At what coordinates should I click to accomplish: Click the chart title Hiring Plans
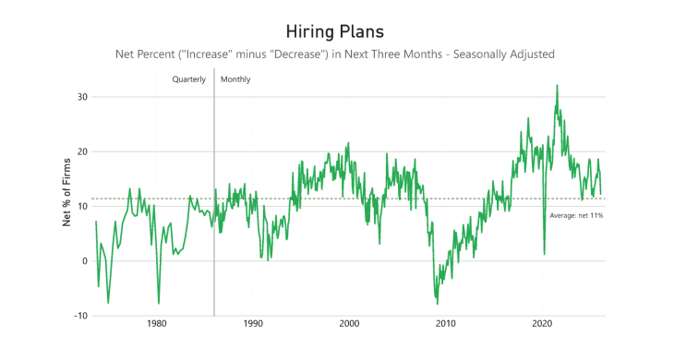[343, 31]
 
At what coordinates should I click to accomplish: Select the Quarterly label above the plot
[188, 79]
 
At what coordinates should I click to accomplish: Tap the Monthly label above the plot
[235, 79]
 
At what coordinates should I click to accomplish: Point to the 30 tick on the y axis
[81, 97]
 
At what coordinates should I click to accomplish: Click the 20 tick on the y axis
[81, 151]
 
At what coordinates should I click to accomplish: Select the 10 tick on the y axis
[81, 206]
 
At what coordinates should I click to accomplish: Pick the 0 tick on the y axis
[84, 261]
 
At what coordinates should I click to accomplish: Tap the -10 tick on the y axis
[79, 316]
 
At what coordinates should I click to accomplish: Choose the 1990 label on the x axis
[253, 324]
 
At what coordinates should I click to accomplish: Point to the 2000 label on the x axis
[349, 324]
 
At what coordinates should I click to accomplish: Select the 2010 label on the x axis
[446, 324]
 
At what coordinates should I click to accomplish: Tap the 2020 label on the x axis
[542, 324]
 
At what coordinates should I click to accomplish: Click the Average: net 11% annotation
[576, 215]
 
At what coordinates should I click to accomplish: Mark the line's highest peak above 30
[557, 86]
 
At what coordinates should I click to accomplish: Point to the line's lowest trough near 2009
[437, 303]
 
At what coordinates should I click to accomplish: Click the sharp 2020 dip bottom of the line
[545, 254]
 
